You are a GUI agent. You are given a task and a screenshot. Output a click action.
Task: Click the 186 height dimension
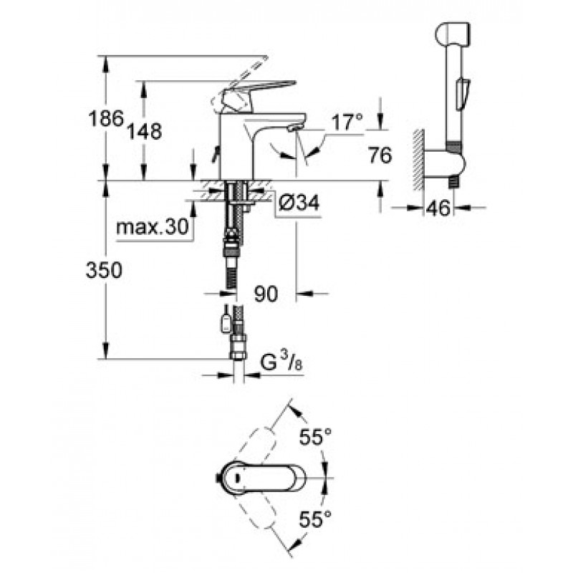106,119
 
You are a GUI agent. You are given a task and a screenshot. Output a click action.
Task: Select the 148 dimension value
145,131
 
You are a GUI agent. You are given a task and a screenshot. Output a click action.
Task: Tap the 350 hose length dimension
104,271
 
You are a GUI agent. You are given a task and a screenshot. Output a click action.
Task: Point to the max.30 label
153,227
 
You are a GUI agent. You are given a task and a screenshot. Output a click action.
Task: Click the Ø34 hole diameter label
299,202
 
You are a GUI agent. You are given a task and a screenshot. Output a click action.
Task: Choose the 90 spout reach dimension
266,294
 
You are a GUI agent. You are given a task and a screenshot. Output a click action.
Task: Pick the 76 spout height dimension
380,155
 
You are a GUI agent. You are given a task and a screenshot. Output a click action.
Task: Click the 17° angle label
347,122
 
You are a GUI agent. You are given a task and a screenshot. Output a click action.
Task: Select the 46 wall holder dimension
438,208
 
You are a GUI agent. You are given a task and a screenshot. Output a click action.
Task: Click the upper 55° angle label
315,437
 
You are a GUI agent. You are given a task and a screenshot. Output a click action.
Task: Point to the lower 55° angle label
315,519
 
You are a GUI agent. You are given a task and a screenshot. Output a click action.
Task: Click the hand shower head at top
453,34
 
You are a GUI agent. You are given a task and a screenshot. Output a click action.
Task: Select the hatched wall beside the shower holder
418,160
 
